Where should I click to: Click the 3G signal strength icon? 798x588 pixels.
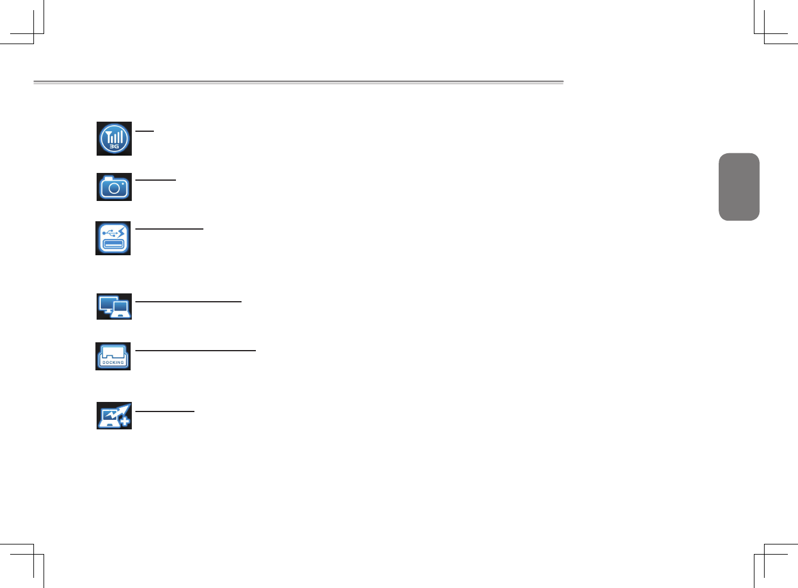click(114, 138)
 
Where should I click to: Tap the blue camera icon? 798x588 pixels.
click(114, 187)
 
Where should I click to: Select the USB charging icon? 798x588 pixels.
click(113, 238)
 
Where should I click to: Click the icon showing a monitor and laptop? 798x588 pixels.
click(114, 307)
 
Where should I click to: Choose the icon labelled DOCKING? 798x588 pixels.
click(113, 356)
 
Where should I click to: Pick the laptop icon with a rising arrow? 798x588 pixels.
click(114, 416)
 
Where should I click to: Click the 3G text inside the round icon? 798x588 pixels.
click(114, 146)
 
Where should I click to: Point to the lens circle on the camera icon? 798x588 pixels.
click(114, 189)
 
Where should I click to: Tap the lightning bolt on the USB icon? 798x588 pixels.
click(122, 231)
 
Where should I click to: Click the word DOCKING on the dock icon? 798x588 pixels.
click(113, 363)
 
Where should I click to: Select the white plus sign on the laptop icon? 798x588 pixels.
click(124, 422)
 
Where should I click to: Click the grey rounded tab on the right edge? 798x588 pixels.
click(739, 187)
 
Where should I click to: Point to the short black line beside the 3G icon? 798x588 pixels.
click(144, 130)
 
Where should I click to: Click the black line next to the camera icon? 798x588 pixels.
click(156, 179)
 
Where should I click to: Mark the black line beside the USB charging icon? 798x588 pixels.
click(169, 228)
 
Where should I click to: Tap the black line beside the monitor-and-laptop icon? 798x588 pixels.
click(188, 302)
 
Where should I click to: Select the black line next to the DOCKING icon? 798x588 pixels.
click(196, 351)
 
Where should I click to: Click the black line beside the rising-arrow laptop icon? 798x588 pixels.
click(165, 411)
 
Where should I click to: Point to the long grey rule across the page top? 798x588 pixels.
click(298, 82)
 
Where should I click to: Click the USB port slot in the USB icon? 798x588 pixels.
click(113, 243)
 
